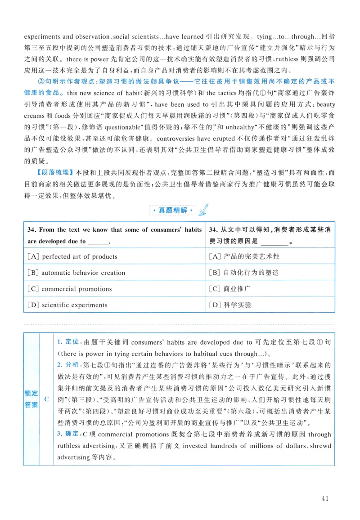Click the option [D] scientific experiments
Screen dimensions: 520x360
point(67,305)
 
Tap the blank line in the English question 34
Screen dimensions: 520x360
point(99,242)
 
